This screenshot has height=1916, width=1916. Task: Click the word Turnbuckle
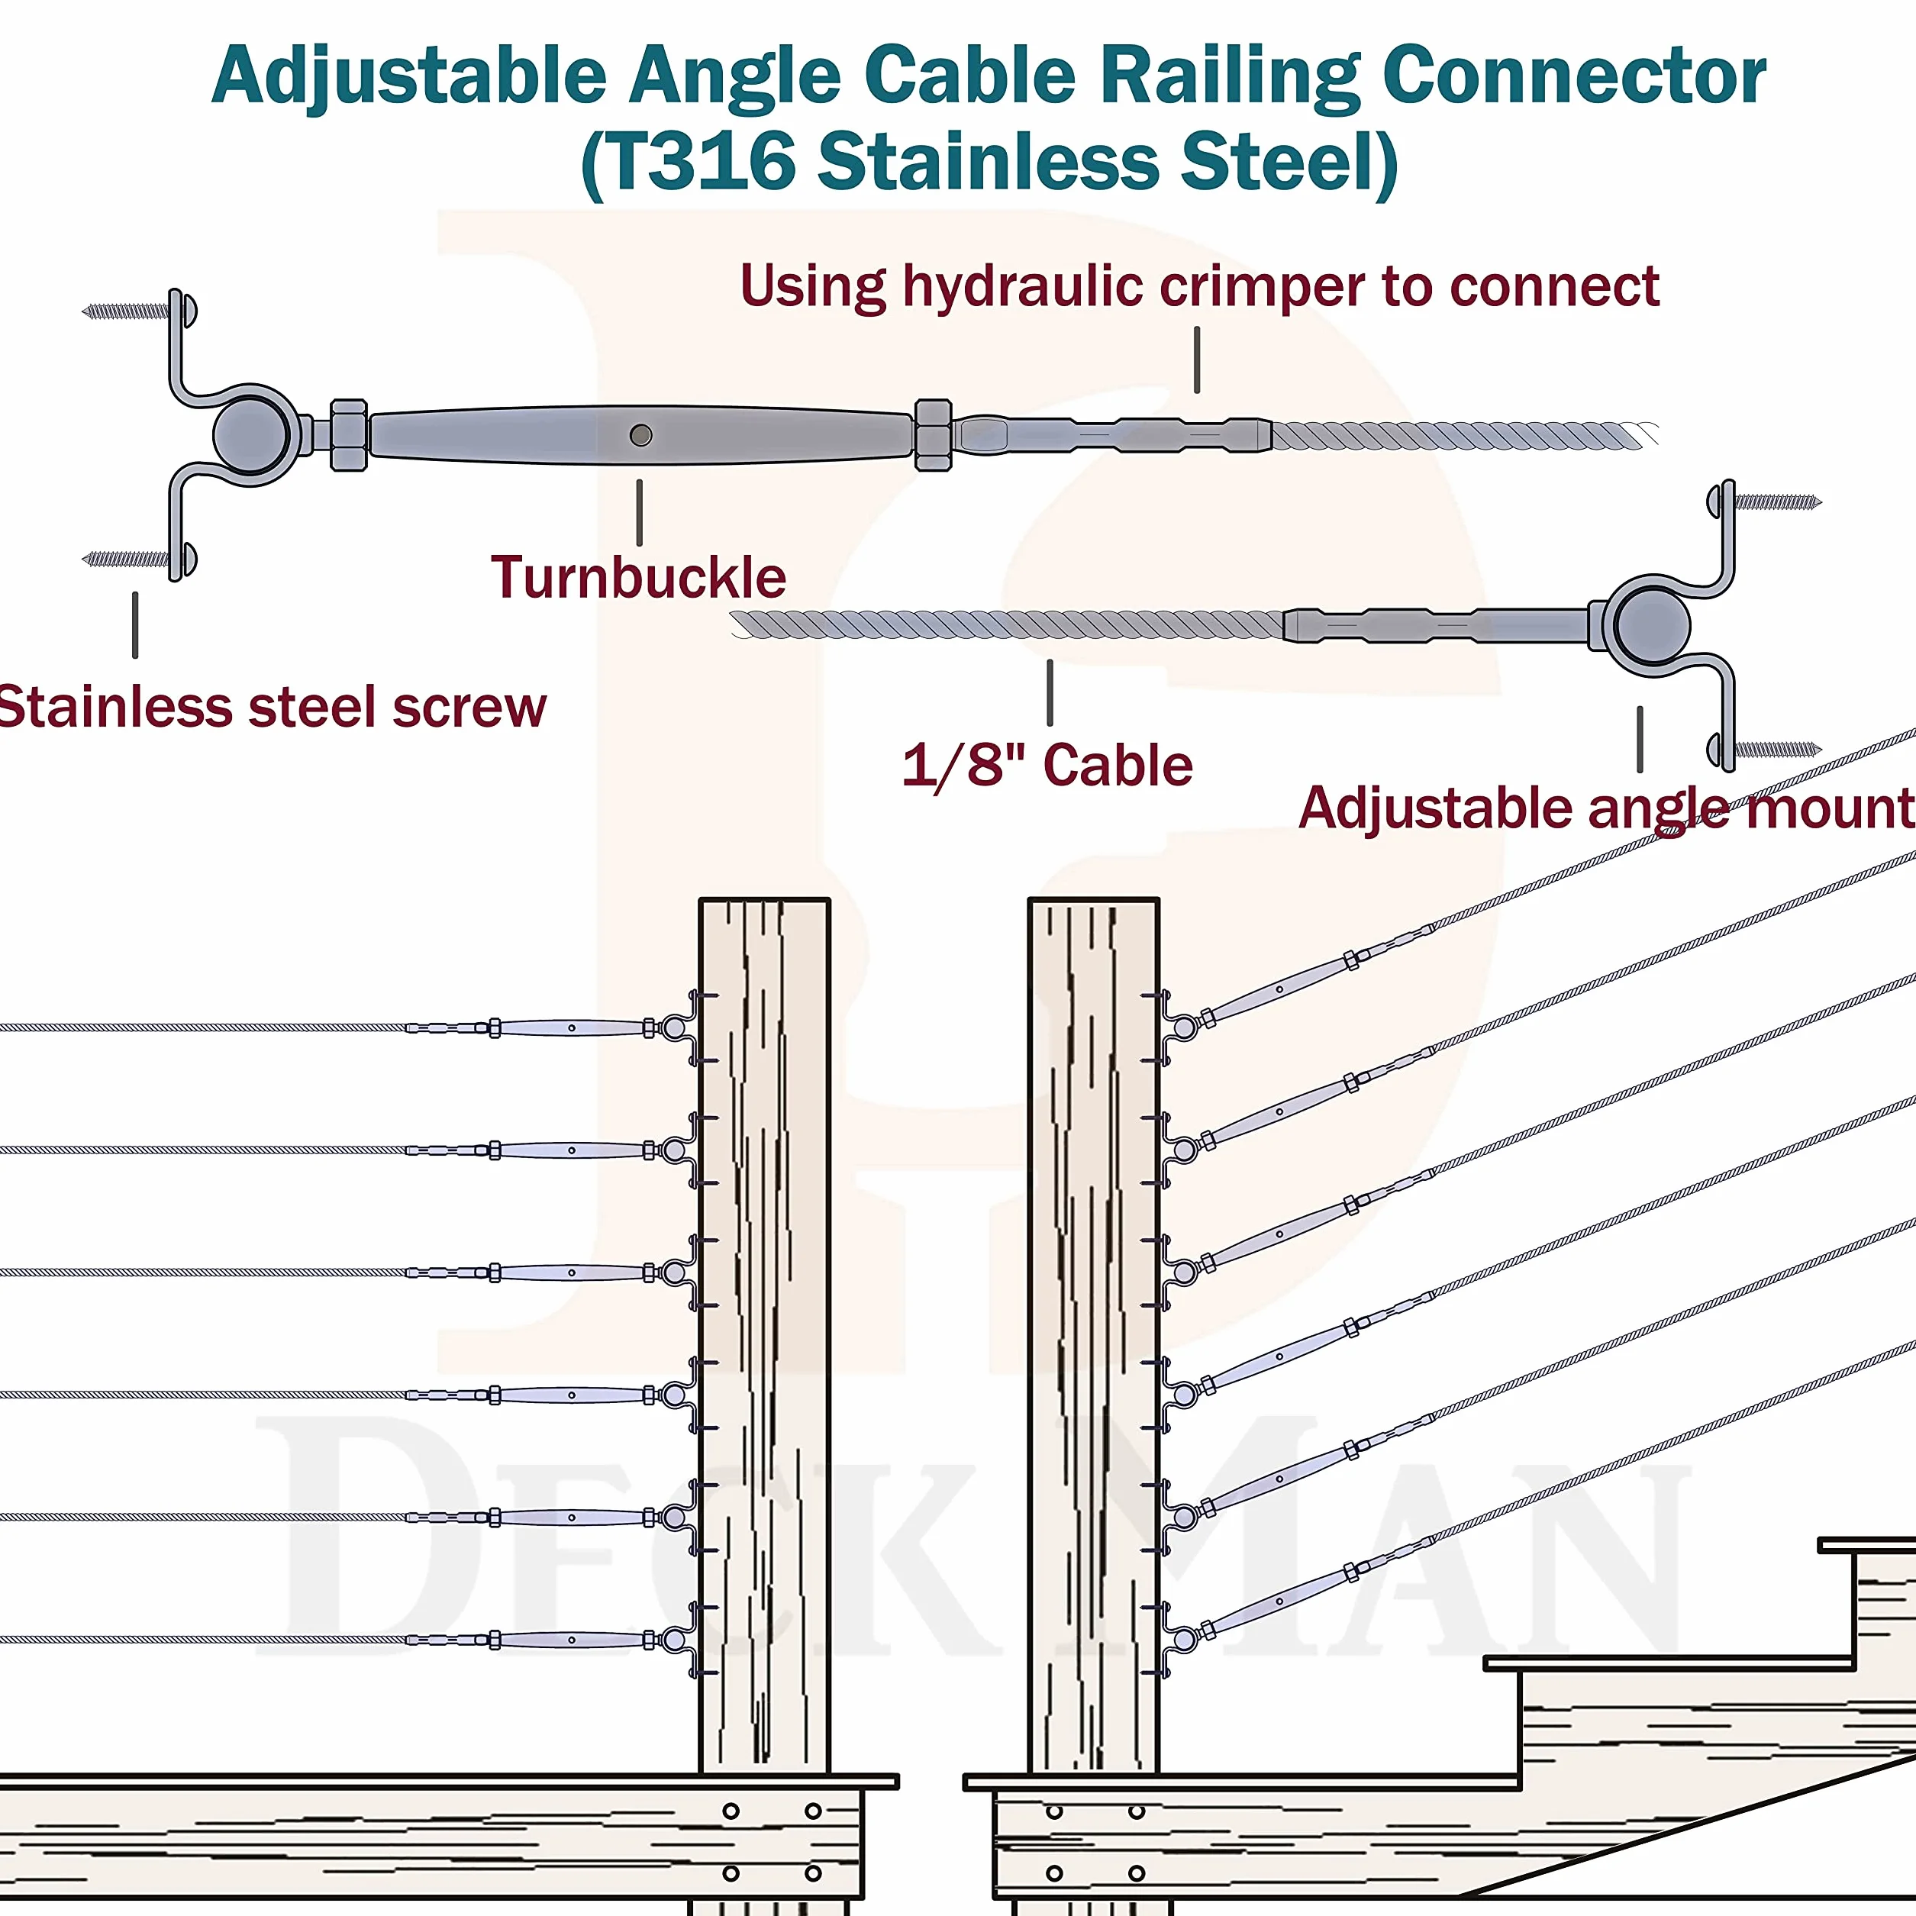click(639, 577)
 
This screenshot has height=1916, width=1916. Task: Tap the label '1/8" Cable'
click(1047, 766)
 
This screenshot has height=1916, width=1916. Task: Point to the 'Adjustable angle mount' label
click(1607, 808)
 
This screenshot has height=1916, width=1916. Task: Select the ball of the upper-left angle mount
click(251, 434)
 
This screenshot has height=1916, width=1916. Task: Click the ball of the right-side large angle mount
click(1652, 626)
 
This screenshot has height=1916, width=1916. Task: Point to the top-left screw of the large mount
click(127, 311)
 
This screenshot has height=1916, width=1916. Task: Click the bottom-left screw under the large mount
click(127, 560)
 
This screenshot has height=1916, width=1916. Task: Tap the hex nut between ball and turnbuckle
click(348, 434)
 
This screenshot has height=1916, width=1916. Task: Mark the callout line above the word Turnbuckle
click(640, 513)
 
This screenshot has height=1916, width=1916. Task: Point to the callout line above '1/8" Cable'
click(1050, 692)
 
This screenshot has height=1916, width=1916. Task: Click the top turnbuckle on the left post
click(573, 1028)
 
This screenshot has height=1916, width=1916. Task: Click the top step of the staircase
click(1866, 1545)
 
